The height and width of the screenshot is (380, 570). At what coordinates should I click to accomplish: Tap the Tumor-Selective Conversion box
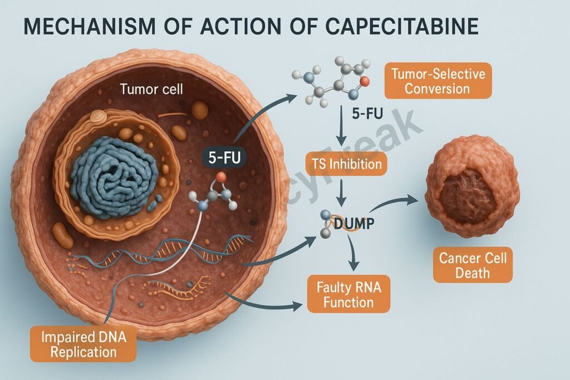pos(438,81)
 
